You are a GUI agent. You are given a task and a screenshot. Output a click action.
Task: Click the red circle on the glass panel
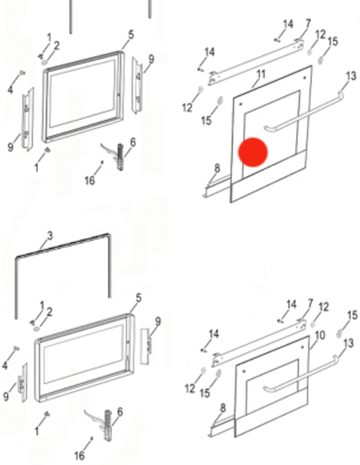tap(253, 152)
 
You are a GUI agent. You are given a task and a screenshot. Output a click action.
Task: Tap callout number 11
tap(261, 74)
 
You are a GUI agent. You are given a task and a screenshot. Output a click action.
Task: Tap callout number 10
tap(319, 335)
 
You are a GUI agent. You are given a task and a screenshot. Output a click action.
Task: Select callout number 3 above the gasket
tap(49, 236)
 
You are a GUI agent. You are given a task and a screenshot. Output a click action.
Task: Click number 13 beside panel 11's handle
tap(351, 76)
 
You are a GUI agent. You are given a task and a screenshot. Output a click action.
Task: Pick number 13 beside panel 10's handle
tap(349, 343)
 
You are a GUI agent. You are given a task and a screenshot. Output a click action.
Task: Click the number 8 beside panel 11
tap(217, 168)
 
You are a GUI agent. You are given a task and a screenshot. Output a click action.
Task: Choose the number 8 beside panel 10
tap(223, 408)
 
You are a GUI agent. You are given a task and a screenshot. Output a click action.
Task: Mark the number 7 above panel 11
tap(308, 23)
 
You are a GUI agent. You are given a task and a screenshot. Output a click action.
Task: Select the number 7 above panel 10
tap(311, 304)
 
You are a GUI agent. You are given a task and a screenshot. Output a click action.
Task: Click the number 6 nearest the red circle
tap(133, 143)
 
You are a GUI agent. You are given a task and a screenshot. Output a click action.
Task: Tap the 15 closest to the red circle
tap(206, 121)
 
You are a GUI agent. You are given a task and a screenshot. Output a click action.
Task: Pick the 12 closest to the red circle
tap(187, 107)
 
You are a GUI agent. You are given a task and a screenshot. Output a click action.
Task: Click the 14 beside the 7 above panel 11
tap(288, 25)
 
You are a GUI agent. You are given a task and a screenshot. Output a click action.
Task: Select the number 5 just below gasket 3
tap(138, 298)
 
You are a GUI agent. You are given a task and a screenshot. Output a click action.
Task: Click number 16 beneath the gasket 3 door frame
tap(79, 455)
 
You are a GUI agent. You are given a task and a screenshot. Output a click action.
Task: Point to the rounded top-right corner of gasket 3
tap(107, 236)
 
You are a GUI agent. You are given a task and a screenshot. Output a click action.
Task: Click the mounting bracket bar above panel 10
tap(257, 342)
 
